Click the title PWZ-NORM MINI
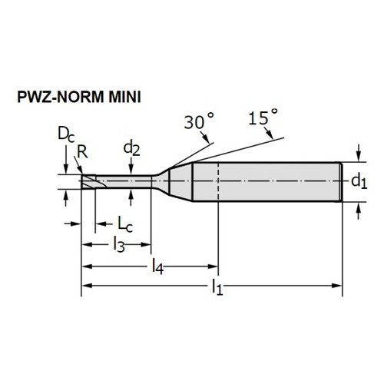pyautogui.click(x=79, y=97)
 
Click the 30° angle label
pyautogui.click(x=199, y=122)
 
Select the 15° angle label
pyautogui.click(x=263, y=118)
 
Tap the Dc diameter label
pyautogui.click(x=66, y=134)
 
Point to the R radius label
pyautogui.click(x=82, y=152)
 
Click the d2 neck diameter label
pyautogui.click(x=131, y=149)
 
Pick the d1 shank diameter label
pyautogui.click(x=359, y=181)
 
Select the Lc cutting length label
pyautogui.click(x=125, y=224)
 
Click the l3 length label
pyautogui.click(x=119, y=245)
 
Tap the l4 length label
pyautogui.click(x=157, y=266)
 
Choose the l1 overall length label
pyautogui.click(x=217, y=287)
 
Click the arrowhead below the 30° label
pyautogui.click(x=207, y=138)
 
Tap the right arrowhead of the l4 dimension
pyautogui.click(x=213, y=266)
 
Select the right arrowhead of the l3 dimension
pyautogui.click(x=146, y=244)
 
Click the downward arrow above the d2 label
pyautogui.click(x=131, y=167)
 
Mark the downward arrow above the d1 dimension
pyautogui.click(x=359, y=153)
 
